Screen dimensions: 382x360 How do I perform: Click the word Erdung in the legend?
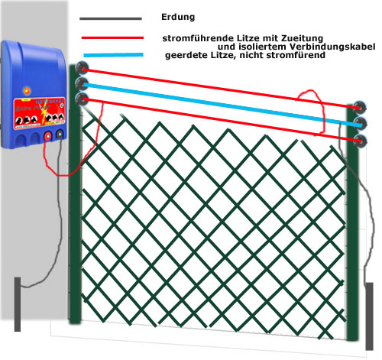(178, 17)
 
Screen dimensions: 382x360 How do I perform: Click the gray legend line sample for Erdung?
(111, 18)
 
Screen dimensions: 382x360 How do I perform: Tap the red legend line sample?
(112, 38)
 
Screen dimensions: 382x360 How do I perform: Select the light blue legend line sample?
(113, 55)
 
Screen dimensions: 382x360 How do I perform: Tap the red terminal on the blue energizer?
(47, 136)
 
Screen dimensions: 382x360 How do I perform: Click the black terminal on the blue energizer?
(60, 134)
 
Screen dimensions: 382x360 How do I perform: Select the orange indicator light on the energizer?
(26, 90)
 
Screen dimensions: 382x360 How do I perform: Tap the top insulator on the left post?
(83, 67)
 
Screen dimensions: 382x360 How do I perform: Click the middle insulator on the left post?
(82, 84)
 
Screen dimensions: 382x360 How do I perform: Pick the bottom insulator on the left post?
(83, 99)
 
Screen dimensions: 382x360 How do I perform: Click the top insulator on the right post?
(359, 107)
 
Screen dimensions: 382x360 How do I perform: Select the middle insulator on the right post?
(361, 124)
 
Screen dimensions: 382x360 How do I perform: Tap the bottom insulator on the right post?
(361, 141)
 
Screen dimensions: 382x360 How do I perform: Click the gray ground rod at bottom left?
(18, 304)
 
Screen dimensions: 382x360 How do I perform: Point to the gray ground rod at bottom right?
(369, 316)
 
